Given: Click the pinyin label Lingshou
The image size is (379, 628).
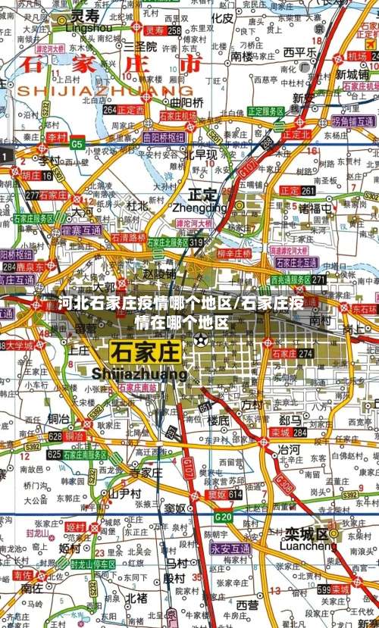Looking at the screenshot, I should (89, 27).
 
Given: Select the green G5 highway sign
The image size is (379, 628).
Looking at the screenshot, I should (77, 143).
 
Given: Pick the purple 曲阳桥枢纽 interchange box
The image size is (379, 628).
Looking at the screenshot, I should (163, 138).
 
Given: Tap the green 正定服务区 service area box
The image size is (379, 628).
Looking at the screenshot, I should (265, 111).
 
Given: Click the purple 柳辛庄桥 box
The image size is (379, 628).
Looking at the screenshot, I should (233, 253).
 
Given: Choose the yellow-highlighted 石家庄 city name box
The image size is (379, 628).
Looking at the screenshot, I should (145, 352).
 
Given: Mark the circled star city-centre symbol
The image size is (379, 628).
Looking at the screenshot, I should (200, 339).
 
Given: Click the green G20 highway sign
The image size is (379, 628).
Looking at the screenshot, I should (223, 517).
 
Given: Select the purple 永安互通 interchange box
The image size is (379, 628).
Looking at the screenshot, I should (230, 548).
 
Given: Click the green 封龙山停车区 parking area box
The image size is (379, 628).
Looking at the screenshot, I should (92, 564).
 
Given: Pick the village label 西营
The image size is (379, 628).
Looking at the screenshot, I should (247, 605).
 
